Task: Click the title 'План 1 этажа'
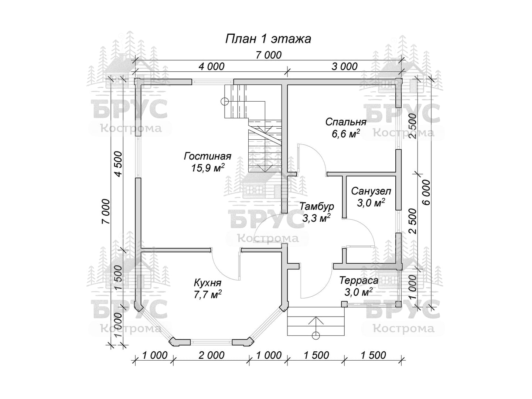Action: click(268, 38)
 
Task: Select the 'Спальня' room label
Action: click(346, 122)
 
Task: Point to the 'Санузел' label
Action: click(371, 191)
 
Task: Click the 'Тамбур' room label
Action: click(317, 206)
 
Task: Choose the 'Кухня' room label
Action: click(208, 283)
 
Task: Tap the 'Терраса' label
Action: click(359, 280)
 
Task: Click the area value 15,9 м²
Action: click(208, 168)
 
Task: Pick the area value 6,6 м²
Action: click(346, 134)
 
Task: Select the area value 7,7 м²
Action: click(208, 295)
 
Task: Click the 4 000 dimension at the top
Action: click(211, 66)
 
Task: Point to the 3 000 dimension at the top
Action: click(344, 66)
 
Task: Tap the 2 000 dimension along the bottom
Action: click(211, 355)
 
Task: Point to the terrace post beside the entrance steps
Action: click(344, 304)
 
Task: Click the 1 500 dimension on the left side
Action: click(118, 279)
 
